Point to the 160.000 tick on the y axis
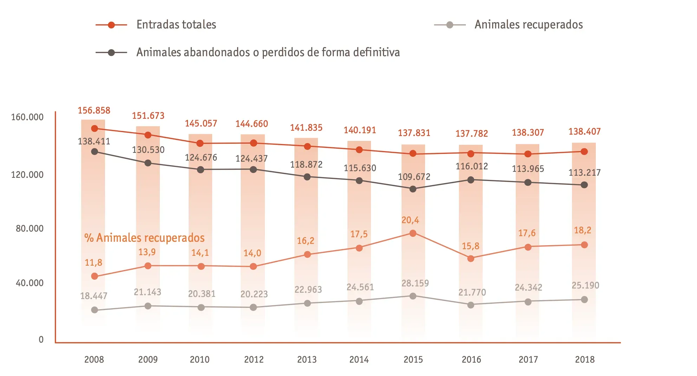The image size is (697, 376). tap(27, 117)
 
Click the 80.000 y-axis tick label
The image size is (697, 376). tap(30, 228)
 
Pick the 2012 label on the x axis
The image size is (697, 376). tap(254, 359)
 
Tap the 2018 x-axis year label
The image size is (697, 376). tap(585, 359)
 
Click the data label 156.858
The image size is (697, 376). tap(94, 110)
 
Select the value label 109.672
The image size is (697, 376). tap(414, 177)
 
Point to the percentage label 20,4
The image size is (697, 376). tap(410, 220)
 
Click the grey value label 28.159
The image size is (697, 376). tap(415, 283)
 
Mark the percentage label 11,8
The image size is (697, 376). tap(93, 262)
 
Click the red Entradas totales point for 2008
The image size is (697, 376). tap(95, 129)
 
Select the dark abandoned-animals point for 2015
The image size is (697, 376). tap(413, 189)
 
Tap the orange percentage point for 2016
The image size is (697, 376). tap(471, 259)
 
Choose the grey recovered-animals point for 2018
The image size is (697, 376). tap(584, 300)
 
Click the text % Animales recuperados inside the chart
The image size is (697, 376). tap(144, 238)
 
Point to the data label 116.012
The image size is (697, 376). tap(471, 166)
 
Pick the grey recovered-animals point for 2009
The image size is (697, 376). tap(148, 306)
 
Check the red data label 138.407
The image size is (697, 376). tap(585, 131)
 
